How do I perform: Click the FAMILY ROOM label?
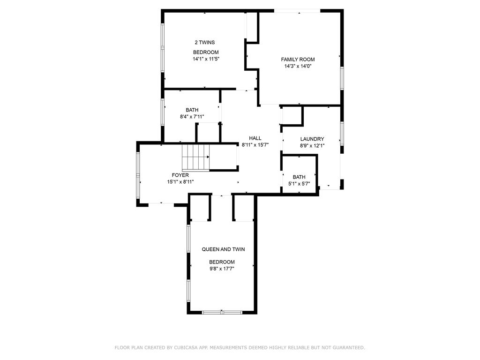click(x=298, y=60)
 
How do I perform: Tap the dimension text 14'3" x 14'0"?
click(x=298, y=66)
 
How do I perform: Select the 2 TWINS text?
click(x=205, y=43)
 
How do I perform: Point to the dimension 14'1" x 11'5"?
click(x=206, y=59)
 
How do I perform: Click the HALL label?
click(x=255, y=138)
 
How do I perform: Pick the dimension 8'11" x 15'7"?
click(x=255, y=145)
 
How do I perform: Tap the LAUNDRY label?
click(x=312, y=139)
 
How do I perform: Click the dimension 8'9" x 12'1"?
click(x=312, y=146)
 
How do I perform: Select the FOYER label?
click(x=180, y=175)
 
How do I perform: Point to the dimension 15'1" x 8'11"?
click(x=180, y=182)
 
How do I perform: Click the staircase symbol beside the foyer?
click(x=196, y=157)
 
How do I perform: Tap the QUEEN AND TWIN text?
click(x=223, y=249)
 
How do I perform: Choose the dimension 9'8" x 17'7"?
click(x=222, y=269)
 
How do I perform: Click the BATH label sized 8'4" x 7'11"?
click(x=192, y=110)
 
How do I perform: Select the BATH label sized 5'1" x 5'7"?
click(x=299, y=177)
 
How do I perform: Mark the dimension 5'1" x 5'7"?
click(x=299, y=184)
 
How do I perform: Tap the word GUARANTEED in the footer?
click(x=349, y=347)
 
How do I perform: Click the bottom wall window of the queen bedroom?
click(x=222, y=312)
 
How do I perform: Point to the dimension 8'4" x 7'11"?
click(x=192, y=117)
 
